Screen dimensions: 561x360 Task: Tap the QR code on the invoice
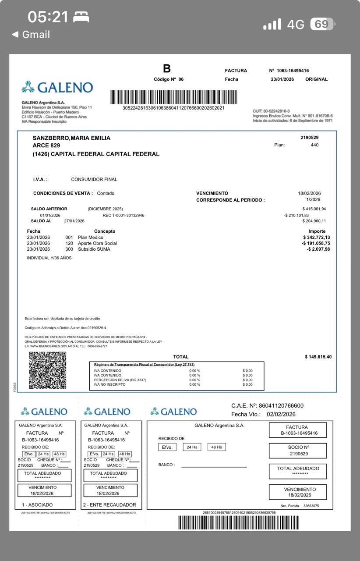tap(48, 370)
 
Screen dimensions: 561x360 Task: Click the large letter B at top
tap(167, 69)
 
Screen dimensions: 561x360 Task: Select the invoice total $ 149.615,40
tap(318, 357)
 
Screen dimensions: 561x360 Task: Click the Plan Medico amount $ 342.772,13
tap(313, 238)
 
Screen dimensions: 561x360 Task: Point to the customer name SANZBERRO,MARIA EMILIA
tap(71, 138)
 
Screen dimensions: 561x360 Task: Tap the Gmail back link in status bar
tap(31, 35)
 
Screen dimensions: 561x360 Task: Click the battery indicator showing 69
tap(322, 24)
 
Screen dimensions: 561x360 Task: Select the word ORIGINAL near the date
tap(316, 79)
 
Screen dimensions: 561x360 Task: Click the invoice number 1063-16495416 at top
tap(293, 71)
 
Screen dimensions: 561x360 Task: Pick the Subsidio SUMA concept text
tap(94, 249)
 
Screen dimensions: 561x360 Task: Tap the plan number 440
tap(314, 145)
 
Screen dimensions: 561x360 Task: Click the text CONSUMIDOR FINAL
tap(94, 179)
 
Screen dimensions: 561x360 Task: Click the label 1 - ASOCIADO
tap(37, 505)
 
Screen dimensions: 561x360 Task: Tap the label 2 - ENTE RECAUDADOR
tap(109, 505)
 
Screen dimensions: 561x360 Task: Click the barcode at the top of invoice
tap(173, 97)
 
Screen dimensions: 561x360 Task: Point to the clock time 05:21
tap(48, 17)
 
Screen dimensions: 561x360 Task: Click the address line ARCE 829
tap(46, 146)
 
